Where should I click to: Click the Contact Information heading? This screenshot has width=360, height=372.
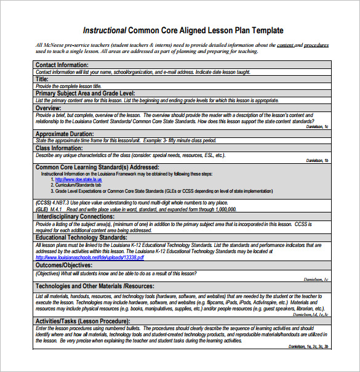click(62, 65)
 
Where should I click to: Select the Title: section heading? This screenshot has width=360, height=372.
click(42, 79)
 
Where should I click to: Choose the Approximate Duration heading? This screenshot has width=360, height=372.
click(65, 134)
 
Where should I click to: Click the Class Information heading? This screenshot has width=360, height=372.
click(59, 148)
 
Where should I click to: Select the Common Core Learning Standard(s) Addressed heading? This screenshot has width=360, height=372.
click(97, 167)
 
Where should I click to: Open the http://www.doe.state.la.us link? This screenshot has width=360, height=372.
click(78, 179)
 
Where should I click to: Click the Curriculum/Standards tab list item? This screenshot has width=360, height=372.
click(78, 185)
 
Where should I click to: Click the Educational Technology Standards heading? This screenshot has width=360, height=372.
click(81, 237)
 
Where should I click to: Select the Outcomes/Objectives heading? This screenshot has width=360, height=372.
click(64, 265)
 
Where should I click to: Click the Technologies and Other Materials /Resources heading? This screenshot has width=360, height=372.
click(94, 286)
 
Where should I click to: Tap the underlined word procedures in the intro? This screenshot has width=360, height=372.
click(316, 45)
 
